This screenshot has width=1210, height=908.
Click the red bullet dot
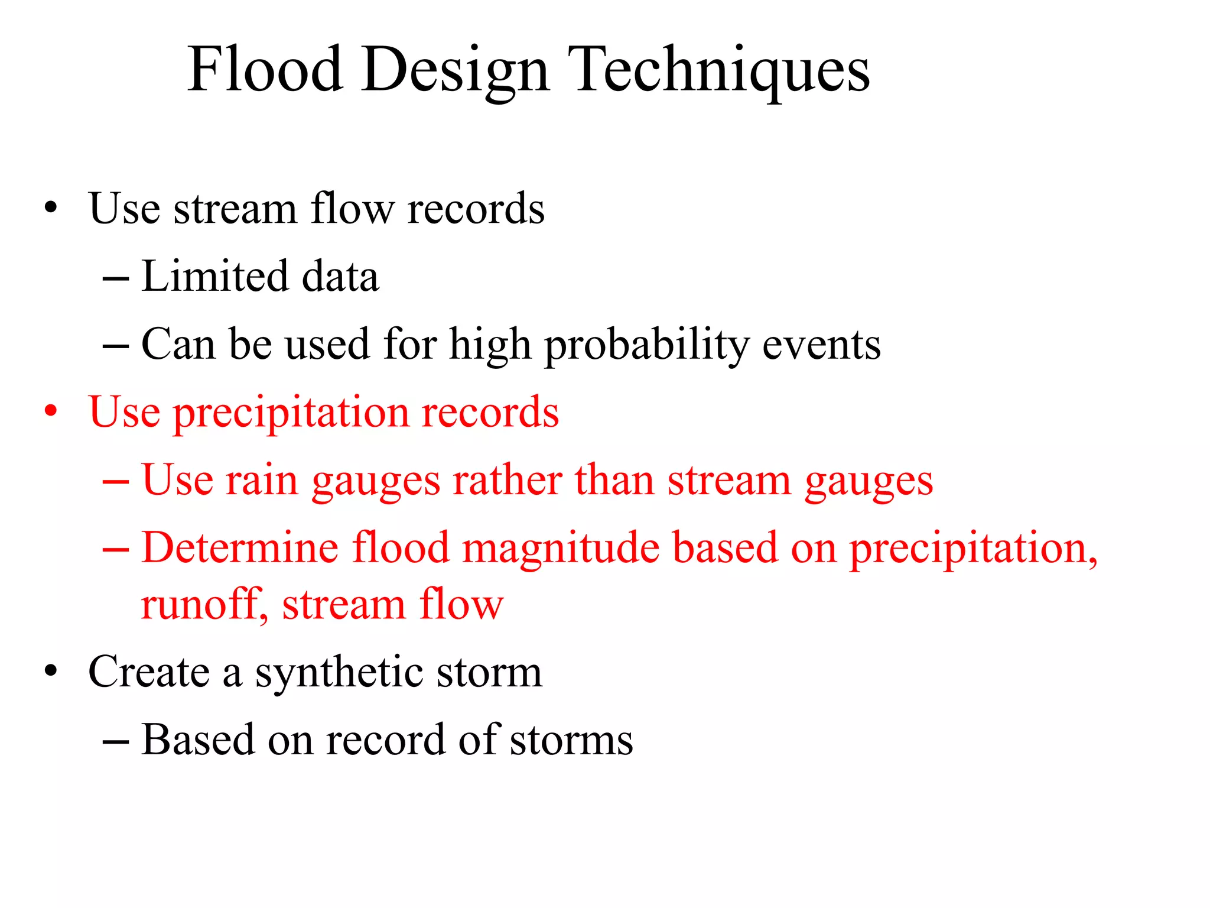click(x=51, y=411)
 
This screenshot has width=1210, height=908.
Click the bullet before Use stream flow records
click(x=51, y=208)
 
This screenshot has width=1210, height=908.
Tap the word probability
click(x=646, y=345)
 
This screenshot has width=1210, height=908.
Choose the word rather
click(x=507, y=479)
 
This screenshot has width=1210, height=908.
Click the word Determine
click(x=240, y=547)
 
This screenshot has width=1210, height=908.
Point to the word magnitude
click(x=560, y=547)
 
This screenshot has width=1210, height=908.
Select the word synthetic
click(x=339, y=672)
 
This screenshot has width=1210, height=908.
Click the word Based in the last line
click(x=198, y=740)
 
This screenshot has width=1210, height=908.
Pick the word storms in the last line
click(x=571, y=740)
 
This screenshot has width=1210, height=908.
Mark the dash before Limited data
click(x=116, y=277)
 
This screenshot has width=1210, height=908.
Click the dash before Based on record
click(x=116, y=740)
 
